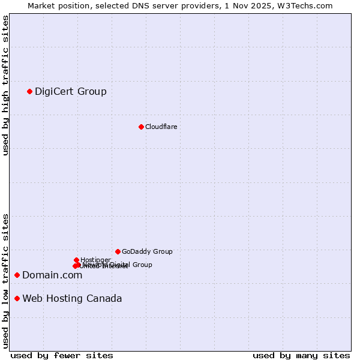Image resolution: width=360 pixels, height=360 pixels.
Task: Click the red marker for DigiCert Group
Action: (x=29, y=91)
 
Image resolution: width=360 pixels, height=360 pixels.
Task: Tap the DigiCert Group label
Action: (x=70, y=91)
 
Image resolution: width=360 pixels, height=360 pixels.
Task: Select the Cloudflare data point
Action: (x=141, y=127)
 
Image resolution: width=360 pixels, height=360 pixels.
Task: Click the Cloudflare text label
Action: (x=161, y=127)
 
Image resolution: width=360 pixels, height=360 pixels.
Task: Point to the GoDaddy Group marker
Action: (x=118, y=251)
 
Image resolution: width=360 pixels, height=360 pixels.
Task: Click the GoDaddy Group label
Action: (x=147, y=251)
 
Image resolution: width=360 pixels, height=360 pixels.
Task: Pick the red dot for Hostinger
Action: (x=76, y=260)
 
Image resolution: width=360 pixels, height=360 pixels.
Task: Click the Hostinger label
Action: (x=95, y=260)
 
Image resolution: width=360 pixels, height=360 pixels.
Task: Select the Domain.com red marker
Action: (x=17, y=275)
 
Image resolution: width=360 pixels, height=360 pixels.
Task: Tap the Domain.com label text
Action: (x=52, y=275)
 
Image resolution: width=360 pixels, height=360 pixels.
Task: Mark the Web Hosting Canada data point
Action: (x=17, y=298)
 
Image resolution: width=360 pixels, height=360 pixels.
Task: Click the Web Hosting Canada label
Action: (x=72, y=298)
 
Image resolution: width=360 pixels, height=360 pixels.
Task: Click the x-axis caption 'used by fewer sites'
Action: (x=62, y=355)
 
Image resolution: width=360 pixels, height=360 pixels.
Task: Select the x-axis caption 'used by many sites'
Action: (x=301, y=355)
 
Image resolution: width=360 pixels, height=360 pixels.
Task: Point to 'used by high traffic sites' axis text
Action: (x=5, y=85)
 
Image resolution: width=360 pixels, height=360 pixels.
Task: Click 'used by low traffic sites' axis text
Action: (x=5, y=281)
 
